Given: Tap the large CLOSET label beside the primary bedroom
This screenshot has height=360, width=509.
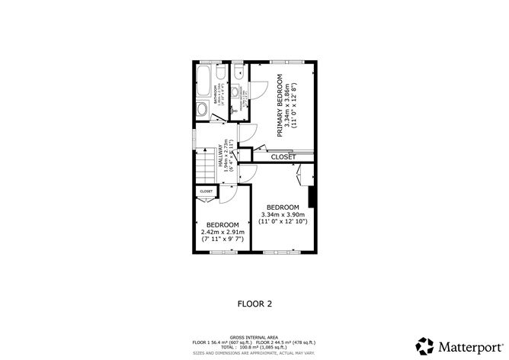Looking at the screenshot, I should (x=283, y=156).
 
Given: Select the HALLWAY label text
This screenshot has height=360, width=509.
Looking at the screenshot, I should (x=222, y=158).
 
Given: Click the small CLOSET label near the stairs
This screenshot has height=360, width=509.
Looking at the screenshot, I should (x=206, y=191).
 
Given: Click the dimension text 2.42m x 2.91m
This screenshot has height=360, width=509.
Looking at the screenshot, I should (x=222, y=232).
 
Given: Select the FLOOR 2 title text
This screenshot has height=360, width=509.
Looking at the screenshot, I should (x=255, y=304).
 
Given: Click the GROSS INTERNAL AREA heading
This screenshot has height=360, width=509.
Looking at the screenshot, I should (x=254, y=336).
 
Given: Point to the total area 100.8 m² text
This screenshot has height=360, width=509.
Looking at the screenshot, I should (x=254, y=347).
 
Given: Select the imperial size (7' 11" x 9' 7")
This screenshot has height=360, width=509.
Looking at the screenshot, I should (x=222, y=239).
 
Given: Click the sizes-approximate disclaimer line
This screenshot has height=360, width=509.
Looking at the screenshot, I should (x=254, y=352).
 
